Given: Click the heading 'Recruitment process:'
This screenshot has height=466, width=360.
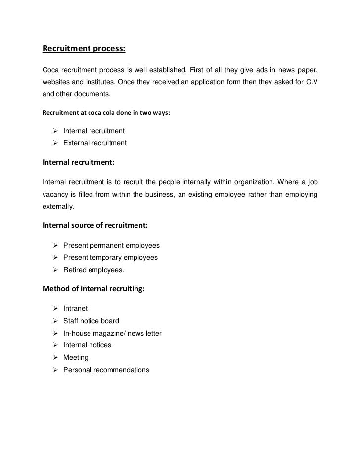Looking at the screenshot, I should (84, 49).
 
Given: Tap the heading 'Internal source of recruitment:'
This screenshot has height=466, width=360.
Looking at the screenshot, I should (95, 226).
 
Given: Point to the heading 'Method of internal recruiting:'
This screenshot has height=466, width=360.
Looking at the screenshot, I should (94, 290).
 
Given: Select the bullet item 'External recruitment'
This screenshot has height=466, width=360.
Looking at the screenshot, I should (95, 143).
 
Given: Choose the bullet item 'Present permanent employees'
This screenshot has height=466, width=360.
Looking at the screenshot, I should (111, 246).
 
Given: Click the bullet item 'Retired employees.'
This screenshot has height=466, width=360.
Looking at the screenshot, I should (94, 270).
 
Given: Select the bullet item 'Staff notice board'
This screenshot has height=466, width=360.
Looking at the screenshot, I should (91, 321).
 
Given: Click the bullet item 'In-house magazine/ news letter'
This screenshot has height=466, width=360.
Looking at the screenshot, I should (112, 333).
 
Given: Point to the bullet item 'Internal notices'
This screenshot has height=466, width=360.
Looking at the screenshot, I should (87, 345).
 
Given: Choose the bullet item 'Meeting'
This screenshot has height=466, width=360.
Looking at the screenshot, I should (76, 357).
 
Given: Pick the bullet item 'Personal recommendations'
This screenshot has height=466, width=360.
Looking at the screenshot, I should (106, 370).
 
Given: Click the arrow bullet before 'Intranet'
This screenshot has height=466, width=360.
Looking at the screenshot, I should (55, 309).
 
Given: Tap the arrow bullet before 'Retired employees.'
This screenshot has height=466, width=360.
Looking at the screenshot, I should (55, 270).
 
